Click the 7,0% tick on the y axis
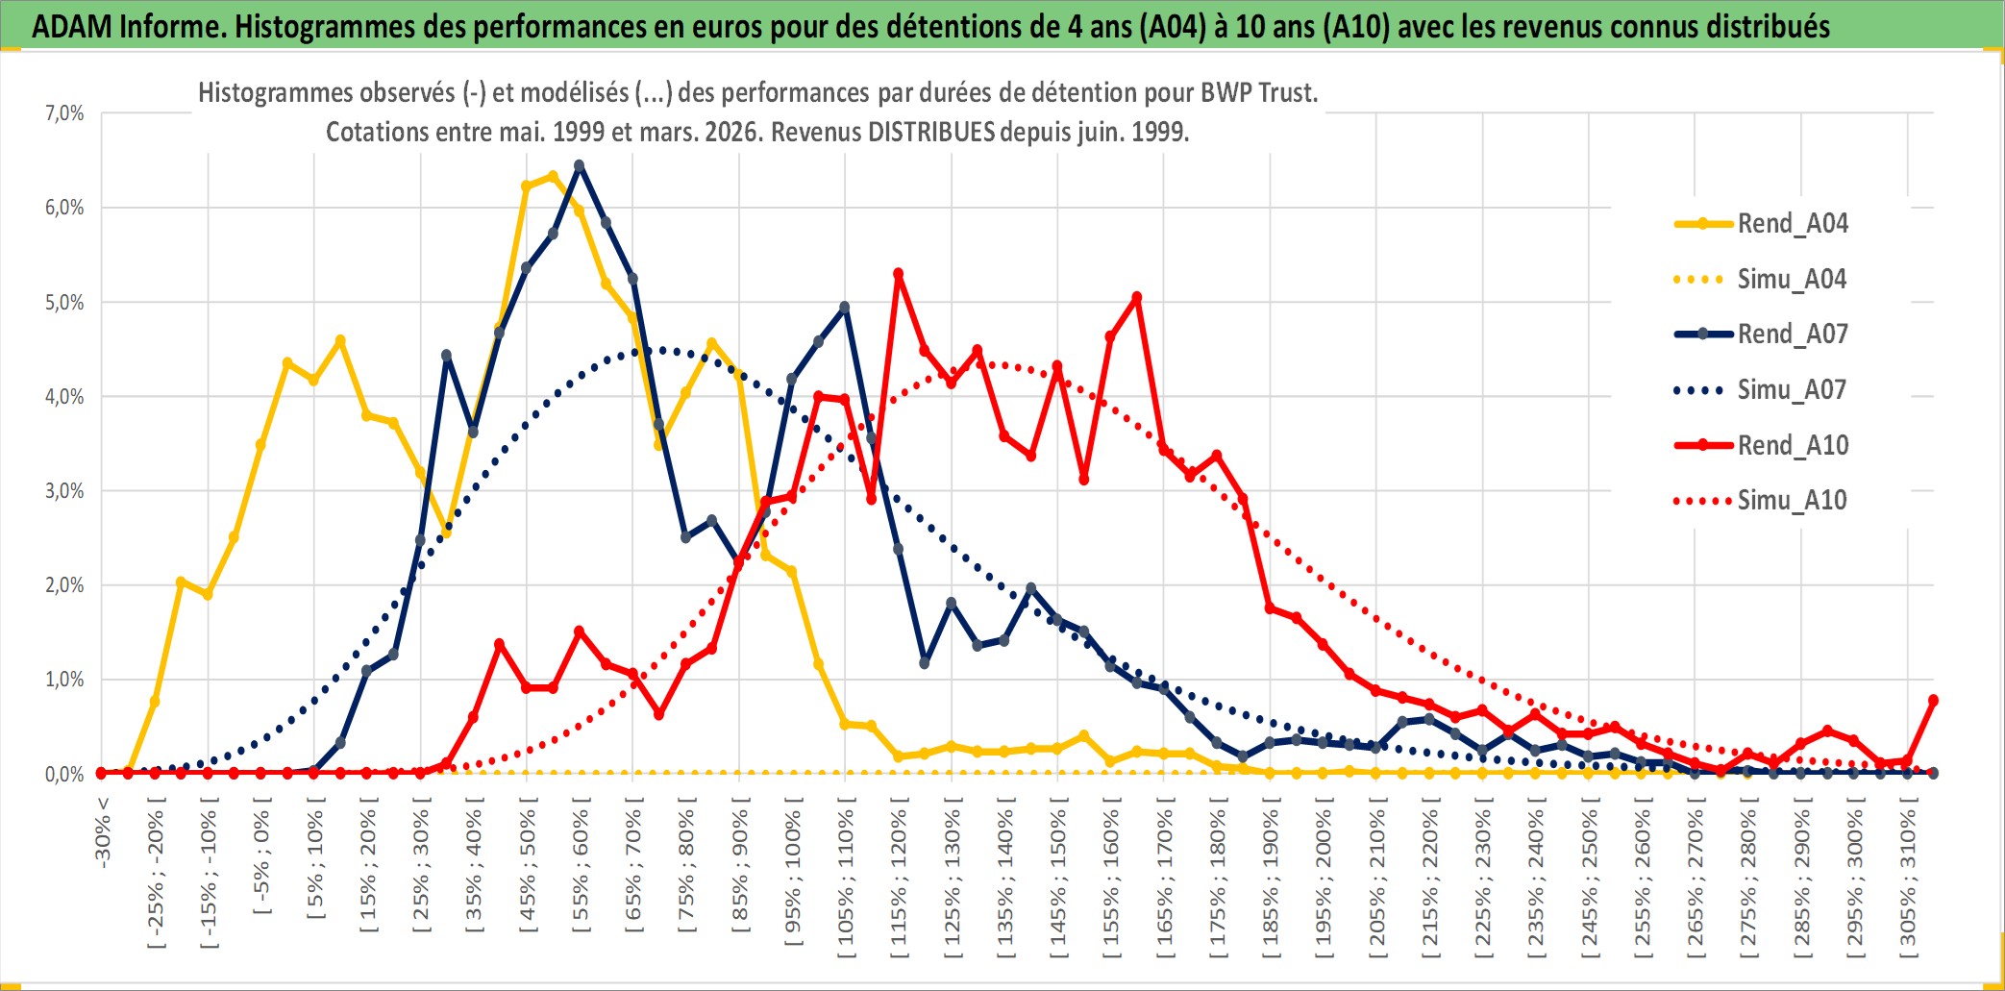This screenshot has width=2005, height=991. point(64,113)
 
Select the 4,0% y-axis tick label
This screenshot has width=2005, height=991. point(64,396)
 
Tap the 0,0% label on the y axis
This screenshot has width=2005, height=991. point(64,775)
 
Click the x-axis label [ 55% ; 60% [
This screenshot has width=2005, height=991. point(581,871)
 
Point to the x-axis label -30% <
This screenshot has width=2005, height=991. point(103,832)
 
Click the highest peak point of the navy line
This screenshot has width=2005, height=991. point(580,165)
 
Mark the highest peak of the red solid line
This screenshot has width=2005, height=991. point(899,274)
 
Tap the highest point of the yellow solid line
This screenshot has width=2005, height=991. point(553,176)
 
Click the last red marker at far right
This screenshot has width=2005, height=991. point(1933,701)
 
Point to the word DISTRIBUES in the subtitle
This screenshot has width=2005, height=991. point(930,132)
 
